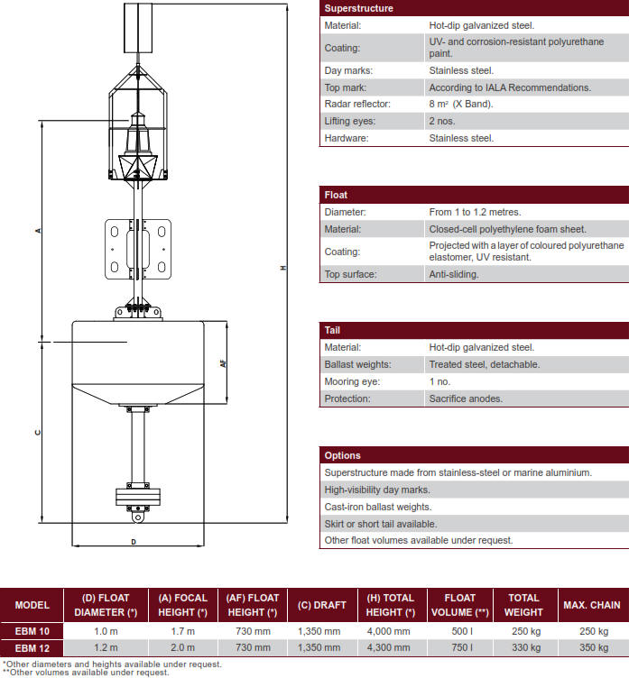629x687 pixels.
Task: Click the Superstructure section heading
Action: pos(358,8)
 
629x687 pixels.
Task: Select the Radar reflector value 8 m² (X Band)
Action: pos(461,104)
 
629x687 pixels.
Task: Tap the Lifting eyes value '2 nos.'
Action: pos(444,121)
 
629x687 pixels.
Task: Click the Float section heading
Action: pos(336,195)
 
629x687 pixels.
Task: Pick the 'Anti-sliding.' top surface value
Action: pos(454,274)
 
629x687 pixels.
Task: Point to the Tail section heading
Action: pos(332,330)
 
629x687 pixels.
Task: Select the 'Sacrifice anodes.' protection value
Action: pos(466,398)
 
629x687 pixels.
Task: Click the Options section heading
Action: pos(342,455)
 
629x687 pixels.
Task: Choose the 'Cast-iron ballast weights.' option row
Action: pos(378,507)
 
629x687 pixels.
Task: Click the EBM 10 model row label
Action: pos(32,631)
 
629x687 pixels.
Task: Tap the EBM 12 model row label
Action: pos(32,647)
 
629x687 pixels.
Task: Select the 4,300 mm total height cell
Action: pos(391,647)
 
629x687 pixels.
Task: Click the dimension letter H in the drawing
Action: pos(282,268)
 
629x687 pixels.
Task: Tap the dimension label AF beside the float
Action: pos(222,364)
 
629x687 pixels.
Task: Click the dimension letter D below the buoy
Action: pos(134,542)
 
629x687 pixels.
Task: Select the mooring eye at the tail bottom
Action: pos(137,518)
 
